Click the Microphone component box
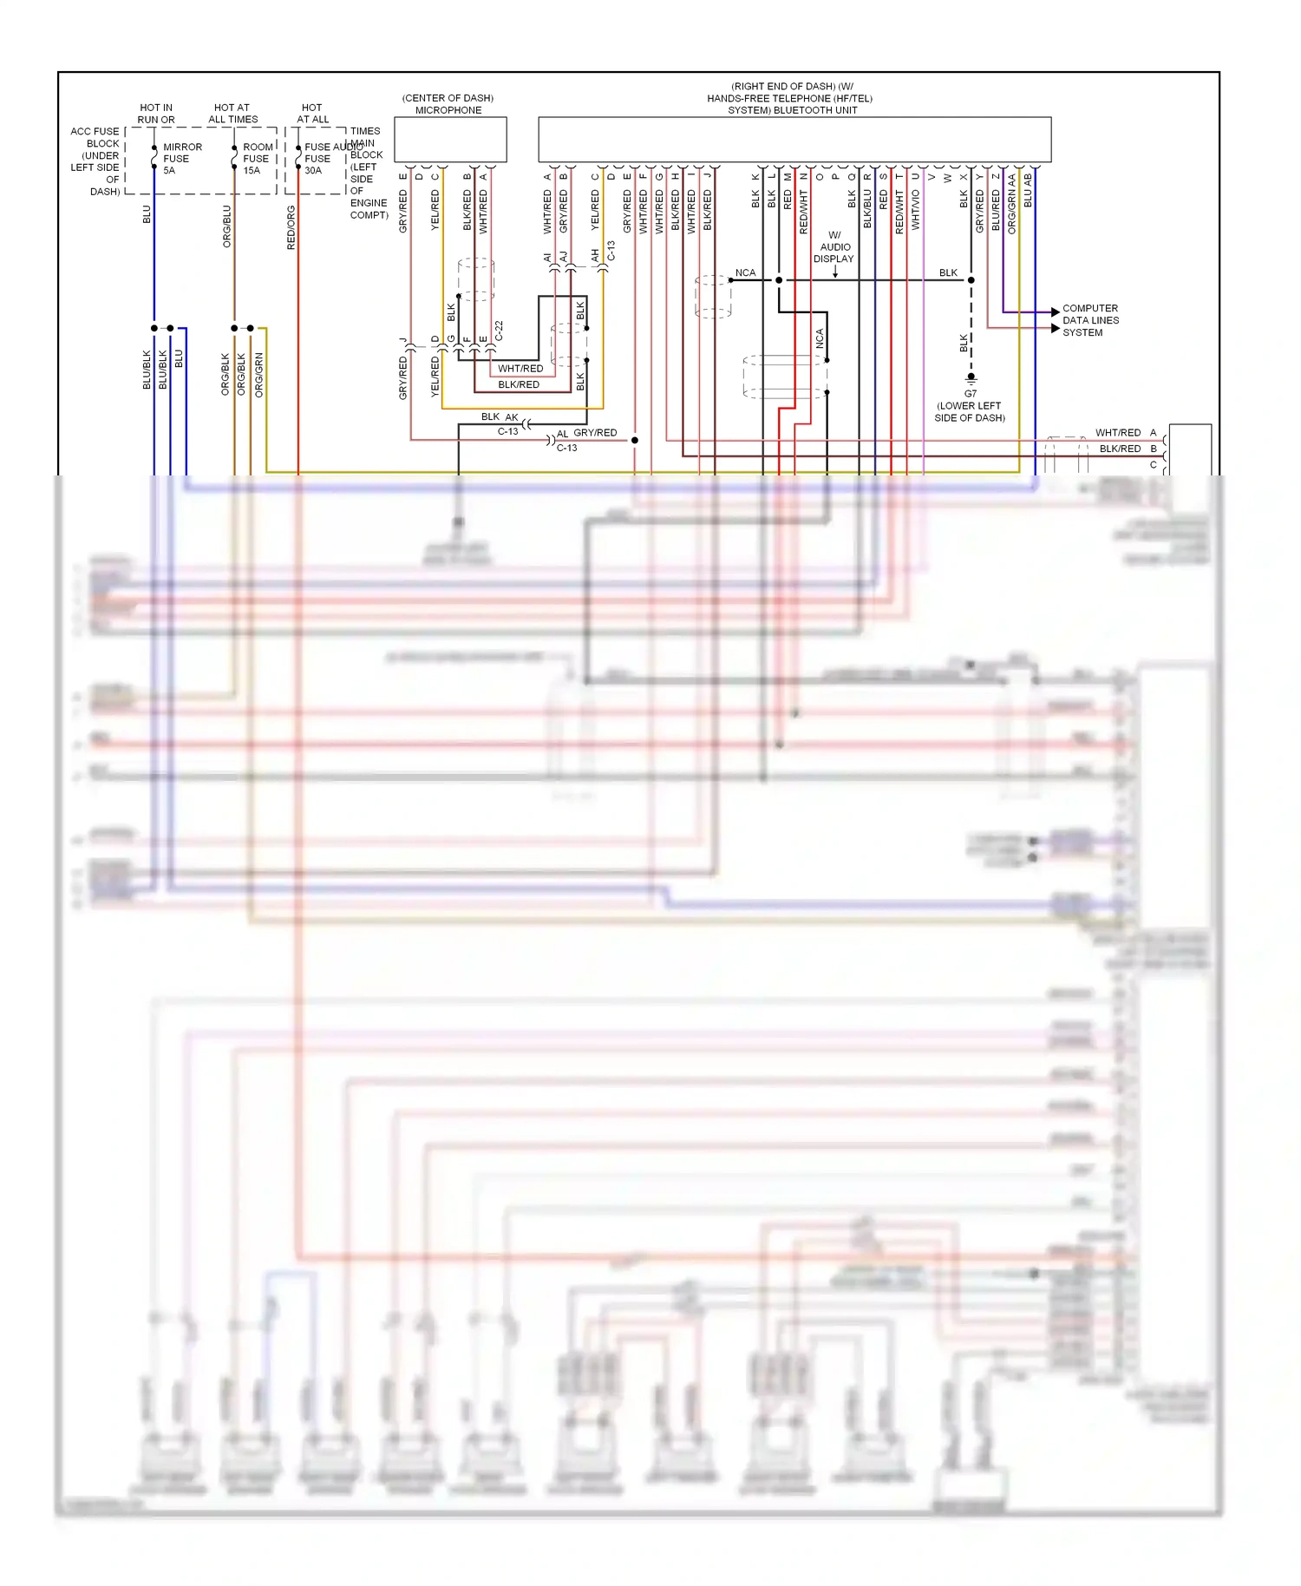click(450, 140)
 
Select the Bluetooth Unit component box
click(794, 140)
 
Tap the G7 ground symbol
click(971, 378)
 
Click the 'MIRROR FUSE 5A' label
click(181, 159)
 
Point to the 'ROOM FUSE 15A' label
click(257, 159)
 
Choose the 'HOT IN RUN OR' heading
click(156, 114)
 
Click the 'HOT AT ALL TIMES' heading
click(232, 114)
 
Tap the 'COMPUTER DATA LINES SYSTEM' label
click(1090, 320)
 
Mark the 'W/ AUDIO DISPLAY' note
click(835, 247)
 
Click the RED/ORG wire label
click(291, 228)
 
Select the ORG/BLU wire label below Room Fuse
click(227, 226)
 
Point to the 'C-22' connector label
click(499, 331)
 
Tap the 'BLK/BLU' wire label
click(867, 209)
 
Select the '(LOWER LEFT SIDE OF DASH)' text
click(970, 412)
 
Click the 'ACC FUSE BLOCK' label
click(95, 138)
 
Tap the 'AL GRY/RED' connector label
click(587, 433)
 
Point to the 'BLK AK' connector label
click(500, 417)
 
